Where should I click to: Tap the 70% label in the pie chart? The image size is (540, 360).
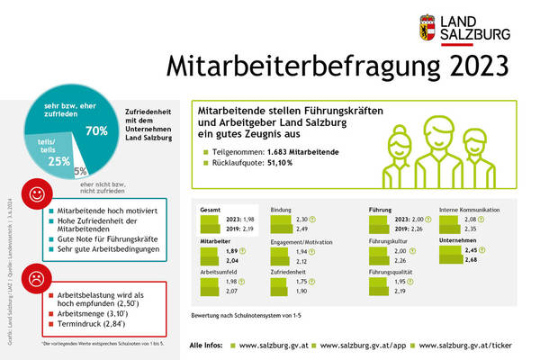coord(95,130)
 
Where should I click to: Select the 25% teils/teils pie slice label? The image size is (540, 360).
coord(58,161)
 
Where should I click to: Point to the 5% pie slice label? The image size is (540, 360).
coord(81,170)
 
